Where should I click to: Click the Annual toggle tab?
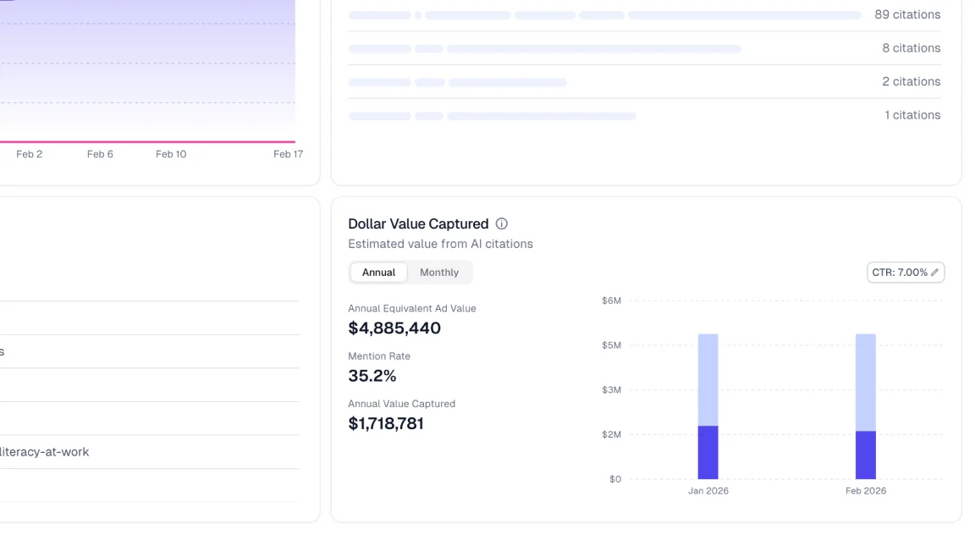click(378, 273)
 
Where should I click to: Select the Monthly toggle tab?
click(439, 273)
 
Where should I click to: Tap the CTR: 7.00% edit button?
click(906, 273)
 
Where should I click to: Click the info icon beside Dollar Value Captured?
click(502, 224)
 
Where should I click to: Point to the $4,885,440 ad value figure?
click(394, 328)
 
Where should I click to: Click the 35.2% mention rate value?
click(372, 376)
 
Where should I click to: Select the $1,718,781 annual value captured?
click(386, 423)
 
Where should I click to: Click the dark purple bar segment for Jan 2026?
click(708, 452)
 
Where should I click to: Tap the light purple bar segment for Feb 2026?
click(865, 382)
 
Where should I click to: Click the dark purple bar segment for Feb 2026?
click(865, 455)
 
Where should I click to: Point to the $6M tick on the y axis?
click(611, 301)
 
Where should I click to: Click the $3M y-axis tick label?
click(611, 390)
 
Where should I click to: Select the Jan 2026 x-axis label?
click(708, 491)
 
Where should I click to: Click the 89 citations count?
click(907, 14)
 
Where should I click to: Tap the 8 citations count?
click(911, 48)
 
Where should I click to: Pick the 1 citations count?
click(912, 115)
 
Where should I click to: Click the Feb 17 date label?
click(288, 154)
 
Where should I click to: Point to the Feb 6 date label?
click(100, 154)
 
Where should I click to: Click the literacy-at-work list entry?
click(44, 452)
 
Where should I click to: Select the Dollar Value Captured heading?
click(418, 224)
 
